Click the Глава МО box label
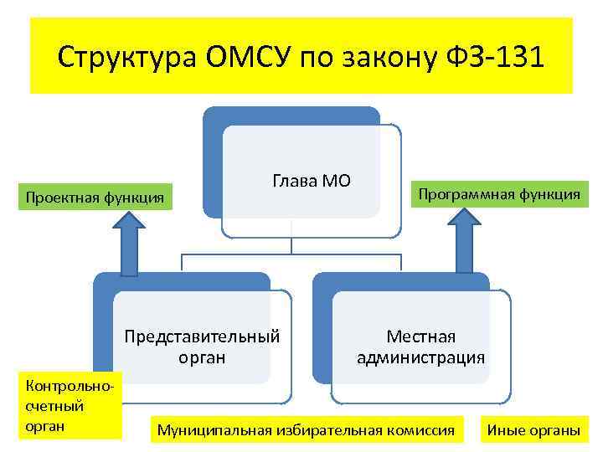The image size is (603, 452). tap(312, 181)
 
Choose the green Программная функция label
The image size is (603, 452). tap(499, 194)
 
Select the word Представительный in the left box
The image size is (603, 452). tap(202, 336)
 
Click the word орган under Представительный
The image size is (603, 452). tap(202, 358)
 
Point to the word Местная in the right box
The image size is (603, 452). tap(420, 336)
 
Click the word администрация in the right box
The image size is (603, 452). tap(420, 358)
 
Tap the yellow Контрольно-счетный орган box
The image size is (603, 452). tap(60, 405)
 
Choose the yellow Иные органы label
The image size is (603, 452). tap(533, 430)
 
